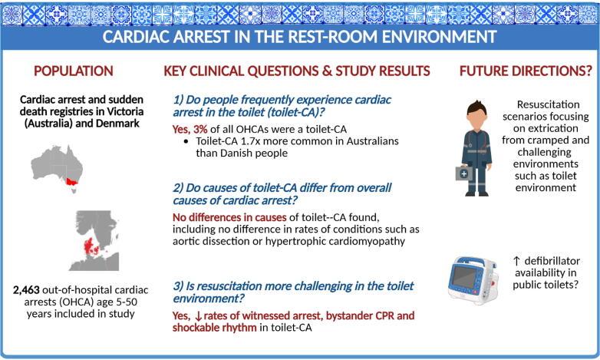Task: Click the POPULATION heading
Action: coord(73,71)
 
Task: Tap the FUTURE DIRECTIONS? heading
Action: coord(526,71)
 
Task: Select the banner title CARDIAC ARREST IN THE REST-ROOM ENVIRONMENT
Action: coord(300,37)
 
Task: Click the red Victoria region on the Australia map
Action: coord(74,182)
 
